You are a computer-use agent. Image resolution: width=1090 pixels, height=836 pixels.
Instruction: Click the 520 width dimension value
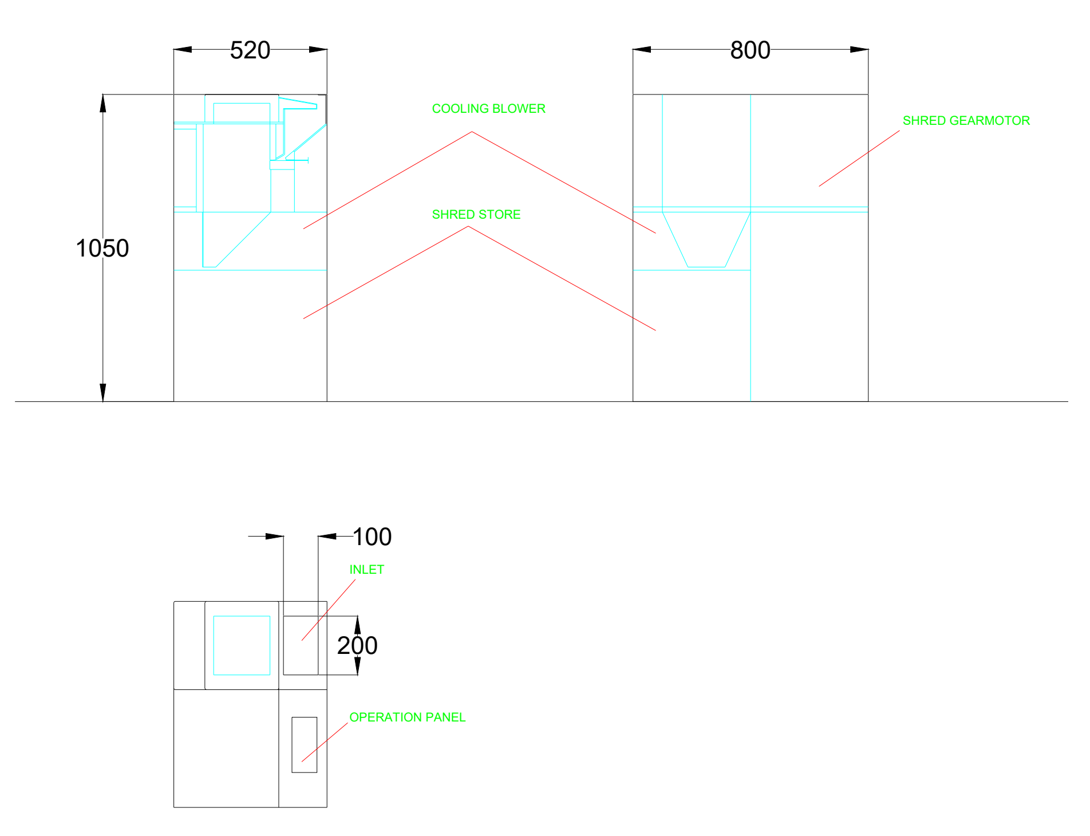(x=250, y=50)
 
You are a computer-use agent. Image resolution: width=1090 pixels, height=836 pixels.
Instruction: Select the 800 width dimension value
(x=750, y=50)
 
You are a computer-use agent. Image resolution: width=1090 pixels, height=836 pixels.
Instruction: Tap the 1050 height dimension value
(x=102, y=249)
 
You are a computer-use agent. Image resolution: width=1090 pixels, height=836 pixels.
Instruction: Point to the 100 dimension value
(x=372, y=537)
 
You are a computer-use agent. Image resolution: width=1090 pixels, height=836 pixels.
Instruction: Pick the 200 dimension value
(x=357, y=646)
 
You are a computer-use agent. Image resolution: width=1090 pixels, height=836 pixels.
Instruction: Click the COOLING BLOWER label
(x=489, y=109)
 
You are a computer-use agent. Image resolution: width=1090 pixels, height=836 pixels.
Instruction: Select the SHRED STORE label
(x=476, y=215)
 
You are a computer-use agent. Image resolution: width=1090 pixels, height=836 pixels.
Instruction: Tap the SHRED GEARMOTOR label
(x=966, y=121)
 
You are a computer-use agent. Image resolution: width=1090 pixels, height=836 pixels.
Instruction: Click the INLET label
(x=367, y=570)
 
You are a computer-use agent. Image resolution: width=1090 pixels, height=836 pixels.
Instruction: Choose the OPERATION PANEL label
(x=408, y=717)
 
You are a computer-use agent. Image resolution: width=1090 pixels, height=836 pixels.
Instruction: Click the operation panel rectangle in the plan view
(x=305, y=745)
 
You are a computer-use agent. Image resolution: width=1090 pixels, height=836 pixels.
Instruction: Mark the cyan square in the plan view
(x=242, y=645)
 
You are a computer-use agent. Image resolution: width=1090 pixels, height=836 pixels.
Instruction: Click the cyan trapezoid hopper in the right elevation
(x=706, y=240)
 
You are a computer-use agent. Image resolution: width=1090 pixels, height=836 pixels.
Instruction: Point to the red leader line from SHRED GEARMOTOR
(x=859, y=159)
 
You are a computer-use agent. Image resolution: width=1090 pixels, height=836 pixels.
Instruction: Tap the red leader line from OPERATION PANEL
(x=325, y=742)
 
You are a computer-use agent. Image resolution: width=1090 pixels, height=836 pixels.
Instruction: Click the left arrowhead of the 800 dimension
(x=642, y=50)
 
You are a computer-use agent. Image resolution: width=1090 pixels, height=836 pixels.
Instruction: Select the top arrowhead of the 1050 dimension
(x=103, y=103)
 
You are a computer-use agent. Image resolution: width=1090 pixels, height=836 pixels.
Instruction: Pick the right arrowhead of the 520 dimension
(x=318, y=50)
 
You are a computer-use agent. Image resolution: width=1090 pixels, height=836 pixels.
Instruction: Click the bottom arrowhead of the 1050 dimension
(x=103, y=392)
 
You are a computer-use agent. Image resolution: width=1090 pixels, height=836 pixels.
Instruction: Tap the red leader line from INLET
(x=329, y=610)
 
